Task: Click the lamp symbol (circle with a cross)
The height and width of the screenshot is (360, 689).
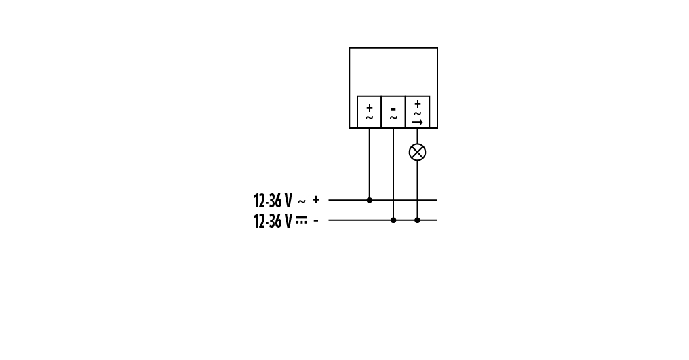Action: (x=418, y=152)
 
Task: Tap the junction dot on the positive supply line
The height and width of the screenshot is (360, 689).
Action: (x=369, y=200)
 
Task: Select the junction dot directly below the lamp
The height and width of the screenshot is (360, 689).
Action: (x=418, y=220)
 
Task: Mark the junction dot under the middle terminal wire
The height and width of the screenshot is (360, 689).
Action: (x=393, y=220)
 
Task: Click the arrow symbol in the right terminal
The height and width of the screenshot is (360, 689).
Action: (x=418, y=123)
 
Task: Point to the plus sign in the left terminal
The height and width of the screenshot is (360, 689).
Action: (x=369, y=108)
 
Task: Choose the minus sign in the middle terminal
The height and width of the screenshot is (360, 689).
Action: (x=393, y=109)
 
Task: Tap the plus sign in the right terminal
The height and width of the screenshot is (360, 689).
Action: (x=418, y=104)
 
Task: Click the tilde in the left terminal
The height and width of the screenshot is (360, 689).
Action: (x=369, y=117)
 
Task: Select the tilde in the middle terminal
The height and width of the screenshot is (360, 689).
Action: (x=393, y=117)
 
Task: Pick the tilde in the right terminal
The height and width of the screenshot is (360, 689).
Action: (x=418, y=113)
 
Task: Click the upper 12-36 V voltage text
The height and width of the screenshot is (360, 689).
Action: (x=273, y=201)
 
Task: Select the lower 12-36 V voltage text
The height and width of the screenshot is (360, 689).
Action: (x=273, y=221)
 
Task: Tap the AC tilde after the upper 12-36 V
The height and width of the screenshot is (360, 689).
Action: (x=301, y=202)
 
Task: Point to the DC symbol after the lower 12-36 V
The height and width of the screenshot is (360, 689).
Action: (x=301, y=220)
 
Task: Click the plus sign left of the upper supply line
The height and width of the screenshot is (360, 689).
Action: (x=316, y=200)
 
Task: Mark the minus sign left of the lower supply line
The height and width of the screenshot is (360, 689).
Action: (x=316, y=220)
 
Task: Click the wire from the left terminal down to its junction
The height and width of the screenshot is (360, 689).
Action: (x=369, y=164)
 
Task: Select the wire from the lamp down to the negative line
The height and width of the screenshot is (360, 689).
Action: (x=418, y=191)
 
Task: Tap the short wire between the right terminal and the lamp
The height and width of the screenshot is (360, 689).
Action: (x=418, y=136)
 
